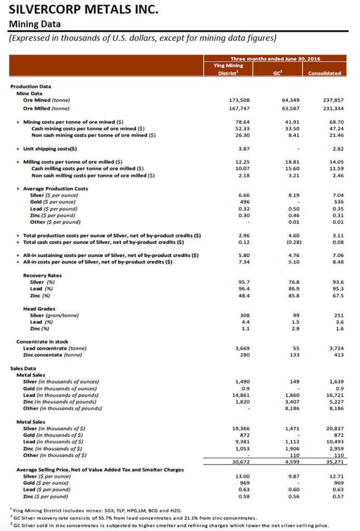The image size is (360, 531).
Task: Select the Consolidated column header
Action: click(324, 73)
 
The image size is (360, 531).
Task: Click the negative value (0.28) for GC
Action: click(284, 242)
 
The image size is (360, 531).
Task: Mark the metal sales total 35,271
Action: click(330, 462)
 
